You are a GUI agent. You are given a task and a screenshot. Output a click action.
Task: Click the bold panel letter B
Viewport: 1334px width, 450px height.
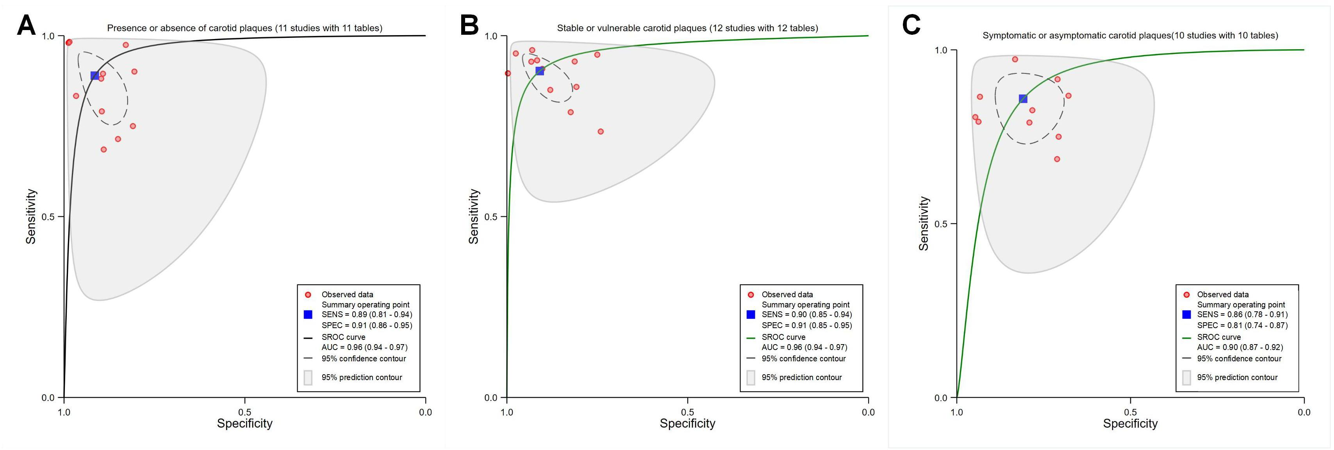[469, 25]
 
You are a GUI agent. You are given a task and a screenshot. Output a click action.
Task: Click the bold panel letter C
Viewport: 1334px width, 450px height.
[911, 25]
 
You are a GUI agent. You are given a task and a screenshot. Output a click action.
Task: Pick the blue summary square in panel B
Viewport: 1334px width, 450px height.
[540, 70]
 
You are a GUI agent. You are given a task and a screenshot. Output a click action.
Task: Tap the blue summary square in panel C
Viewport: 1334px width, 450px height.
[1023, 99]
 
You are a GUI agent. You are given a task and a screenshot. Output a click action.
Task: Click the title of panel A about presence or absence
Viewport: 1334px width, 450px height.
[244, 28]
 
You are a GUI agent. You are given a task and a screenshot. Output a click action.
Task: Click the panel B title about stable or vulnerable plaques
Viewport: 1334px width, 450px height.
[687, 28]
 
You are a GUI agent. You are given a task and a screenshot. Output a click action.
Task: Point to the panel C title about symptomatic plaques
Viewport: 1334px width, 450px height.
[1130, 35]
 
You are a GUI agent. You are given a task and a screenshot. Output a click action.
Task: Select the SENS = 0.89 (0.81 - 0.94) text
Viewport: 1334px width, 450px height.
[367, 314]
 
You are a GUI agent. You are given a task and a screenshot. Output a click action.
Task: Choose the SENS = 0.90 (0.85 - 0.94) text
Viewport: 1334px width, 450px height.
[806, 314]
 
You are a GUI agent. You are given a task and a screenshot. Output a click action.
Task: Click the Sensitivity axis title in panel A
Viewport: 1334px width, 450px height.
[31, 216]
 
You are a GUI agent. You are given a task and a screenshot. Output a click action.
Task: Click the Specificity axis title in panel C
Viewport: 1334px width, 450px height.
[1130, 423]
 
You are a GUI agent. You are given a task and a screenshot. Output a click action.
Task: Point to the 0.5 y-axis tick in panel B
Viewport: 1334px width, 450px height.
[492, 216]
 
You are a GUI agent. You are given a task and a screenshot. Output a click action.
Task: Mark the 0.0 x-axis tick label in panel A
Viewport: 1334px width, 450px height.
[425, 412]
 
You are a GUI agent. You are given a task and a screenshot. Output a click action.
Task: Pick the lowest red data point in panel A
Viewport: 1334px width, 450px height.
[103, 150]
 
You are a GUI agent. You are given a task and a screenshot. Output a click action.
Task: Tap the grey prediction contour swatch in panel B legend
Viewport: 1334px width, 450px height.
[751, 377]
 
